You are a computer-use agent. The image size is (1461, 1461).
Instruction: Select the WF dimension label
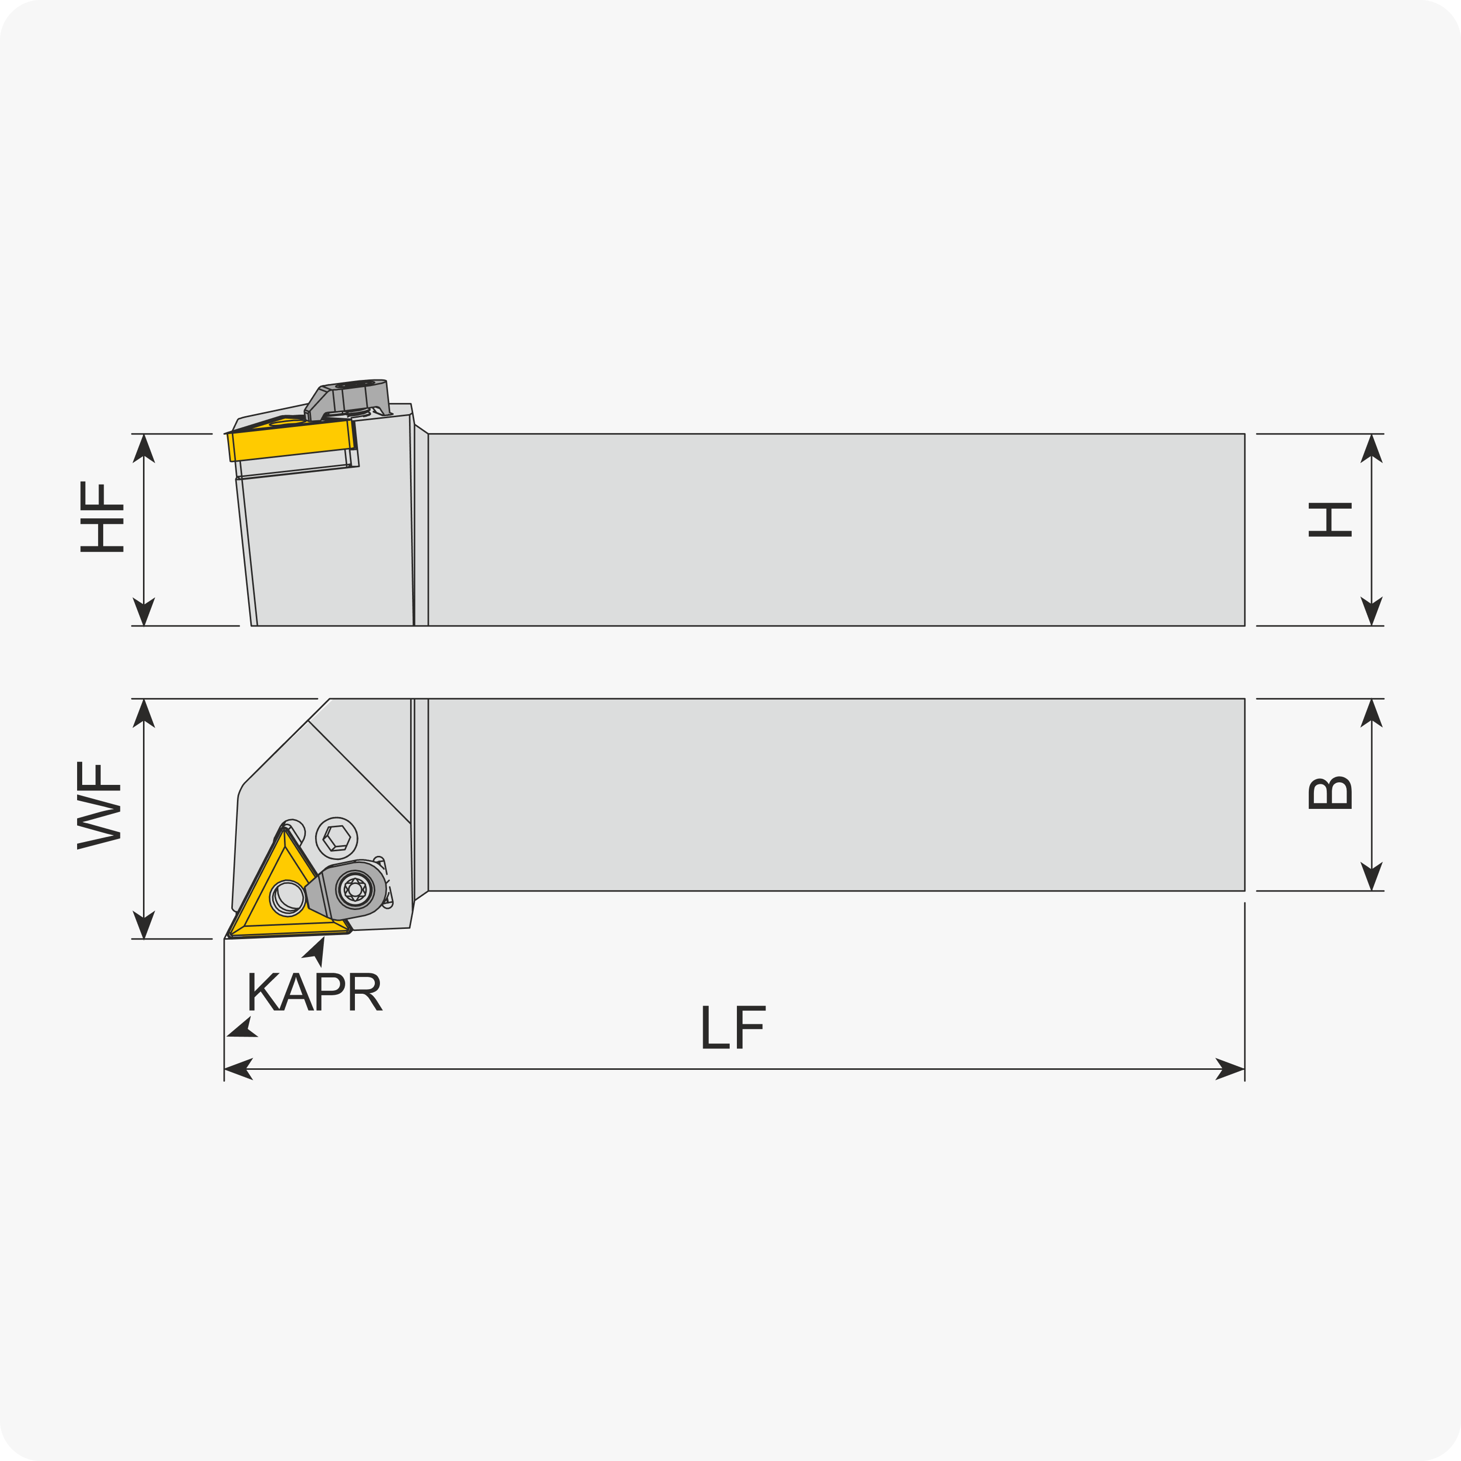pyautogui.click(x=99, y=805)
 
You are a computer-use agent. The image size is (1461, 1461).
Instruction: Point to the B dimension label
pyautogui.click(x=1330, y=793)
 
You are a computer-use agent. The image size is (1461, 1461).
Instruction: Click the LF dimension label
pyautogui.click(x=733, y=1027)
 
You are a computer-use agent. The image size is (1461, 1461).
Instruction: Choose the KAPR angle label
pyautogui.click(x=315, y=991)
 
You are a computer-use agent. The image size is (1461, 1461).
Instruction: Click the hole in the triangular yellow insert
pyautogui.click(x=288, y=898)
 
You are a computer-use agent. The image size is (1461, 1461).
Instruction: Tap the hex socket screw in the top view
pyautogui.click(x=337, y=838)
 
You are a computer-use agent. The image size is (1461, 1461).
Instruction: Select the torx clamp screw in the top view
pyautogui.click(x=355, y=889)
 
